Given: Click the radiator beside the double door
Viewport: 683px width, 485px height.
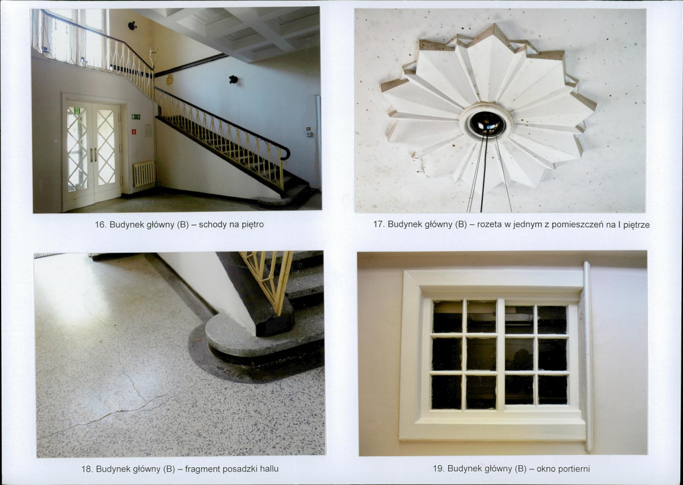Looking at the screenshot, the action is coord(144,174).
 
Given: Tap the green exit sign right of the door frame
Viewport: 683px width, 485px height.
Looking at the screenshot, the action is coord(136,117).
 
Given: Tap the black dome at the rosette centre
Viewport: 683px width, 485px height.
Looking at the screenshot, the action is coord(486,123).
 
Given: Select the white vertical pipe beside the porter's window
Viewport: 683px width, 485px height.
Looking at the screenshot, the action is coord(588,356).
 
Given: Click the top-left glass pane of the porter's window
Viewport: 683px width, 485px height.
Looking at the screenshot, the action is coord(447,317).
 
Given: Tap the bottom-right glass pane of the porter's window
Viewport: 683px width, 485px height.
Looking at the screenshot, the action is coord(553,390).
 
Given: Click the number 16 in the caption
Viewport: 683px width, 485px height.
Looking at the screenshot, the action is coord(100,225).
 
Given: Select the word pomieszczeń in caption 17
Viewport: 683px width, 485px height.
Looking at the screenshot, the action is coord(577,225).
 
